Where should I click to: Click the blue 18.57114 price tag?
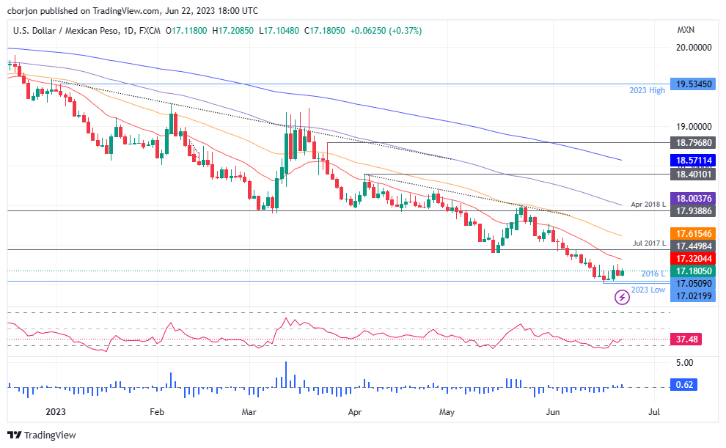(694, 159)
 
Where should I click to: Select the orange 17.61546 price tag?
(694, 233)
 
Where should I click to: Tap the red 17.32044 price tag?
(694, 259)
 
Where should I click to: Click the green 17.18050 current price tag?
(694, 271)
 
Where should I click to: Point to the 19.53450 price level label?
(694, 84)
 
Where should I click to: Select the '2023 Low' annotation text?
(648, 290)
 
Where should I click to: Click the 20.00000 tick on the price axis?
(694, 47)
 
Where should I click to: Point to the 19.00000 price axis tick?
(694, 126)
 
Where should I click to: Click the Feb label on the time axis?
(157, 412)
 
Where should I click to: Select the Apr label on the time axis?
(355, 412)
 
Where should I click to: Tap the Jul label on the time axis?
(655, 412)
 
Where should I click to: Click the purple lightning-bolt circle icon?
(622, 297)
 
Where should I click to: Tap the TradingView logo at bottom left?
(43, 435)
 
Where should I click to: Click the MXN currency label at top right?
(686, 30)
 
